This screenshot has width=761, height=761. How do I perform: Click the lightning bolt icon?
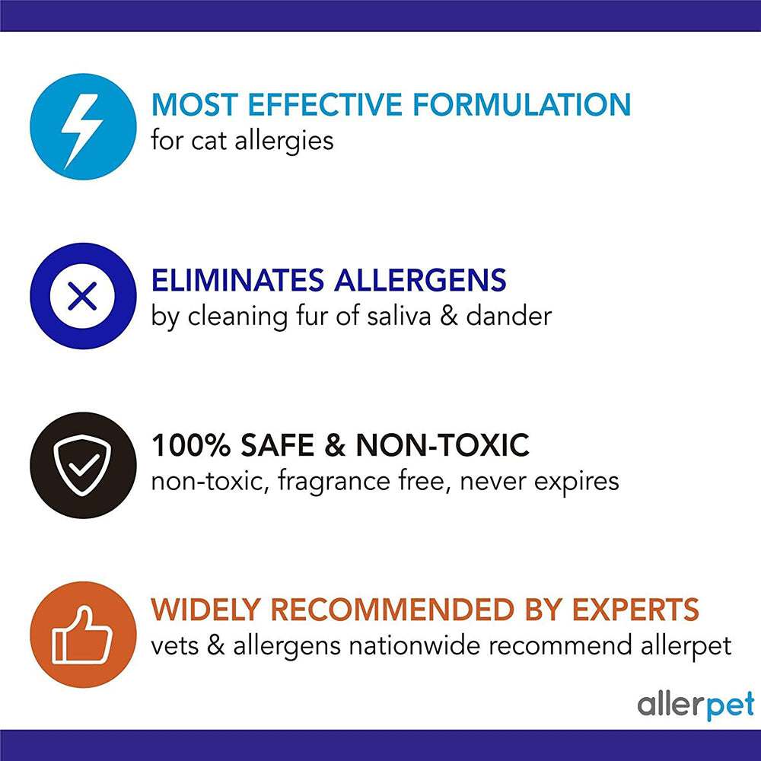pos(83,126)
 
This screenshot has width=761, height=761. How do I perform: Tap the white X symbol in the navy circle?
pos(83,296)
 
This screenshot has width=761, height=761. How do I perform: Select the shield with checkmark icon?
pos(83,465)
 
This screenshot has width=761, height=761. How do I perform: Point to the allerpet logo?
pos(696,705)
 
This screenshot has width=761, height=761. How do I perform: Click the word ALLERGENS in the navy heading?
pos(419,280)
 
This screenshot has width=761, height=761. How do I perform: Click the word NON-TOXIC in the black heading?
pos(441,446)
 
